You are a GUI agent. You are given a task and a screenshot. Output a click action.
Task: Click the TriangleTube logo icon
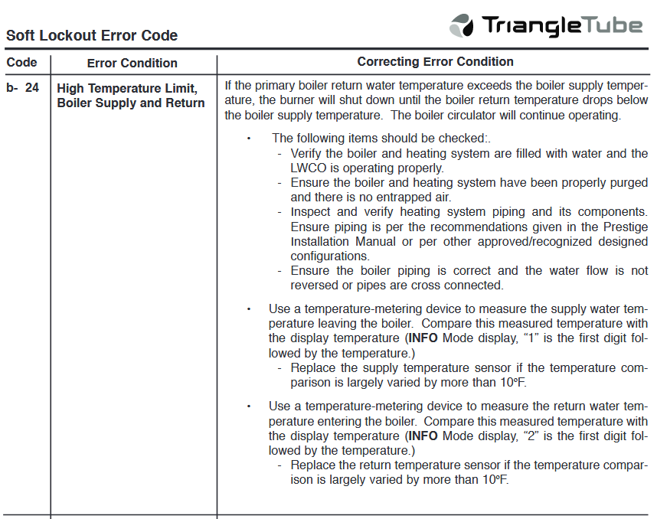click(462, 26)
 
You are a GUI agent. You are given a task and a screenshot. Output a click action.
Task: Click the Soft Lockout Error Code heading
click(92, 36)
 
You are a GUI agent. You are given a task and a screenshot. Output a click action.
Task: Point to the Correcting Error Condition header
click(436, 62)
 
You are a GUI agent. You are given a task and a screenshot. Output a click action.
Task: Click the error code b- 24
click(22, 88)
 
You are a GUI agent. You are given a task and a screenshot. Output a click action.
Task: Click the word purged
click(626, 183)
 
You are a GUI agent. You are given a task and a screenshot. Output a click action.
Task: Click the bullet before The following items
click(249, 139)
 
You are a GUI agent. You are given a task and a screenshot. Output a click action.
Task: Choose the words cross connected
click(460, 286)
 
